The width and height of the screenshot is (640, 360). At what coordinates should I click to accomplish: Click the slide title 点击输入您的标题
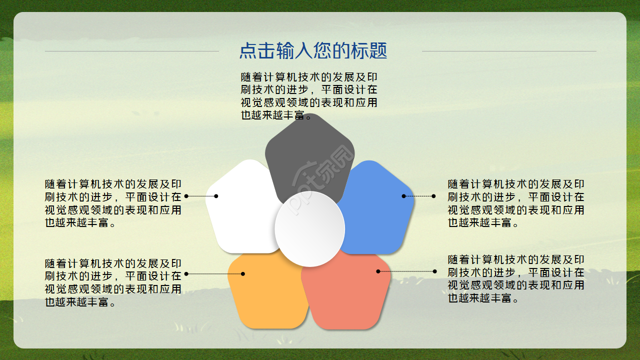(x=313, y=50)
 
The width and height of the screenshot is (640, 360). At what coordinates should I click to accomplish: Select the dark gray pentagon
(x=309, y=150)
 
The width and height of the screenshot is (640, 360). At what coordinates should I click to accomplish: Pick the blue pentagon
(x=380, y=210)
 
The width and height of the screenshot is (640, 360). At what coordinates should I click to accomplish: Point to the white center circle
(x=310, y=228)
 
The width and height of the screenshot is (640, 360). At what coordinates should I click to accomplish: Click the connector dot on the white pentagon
(x=216, y=196)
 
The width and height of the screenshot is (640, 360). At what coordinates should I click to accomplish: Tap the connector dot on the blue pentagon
(x=403, y=196)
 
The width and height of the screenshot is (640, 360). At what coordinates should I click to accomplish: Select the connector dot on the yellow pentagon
(x=243, y=273)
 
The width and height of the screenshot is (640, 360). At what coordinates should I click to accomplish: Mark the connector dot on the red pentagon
(x=378, y=271)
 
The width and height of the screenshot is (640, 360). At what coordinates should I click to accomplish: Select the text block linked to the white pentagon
(x=113, y=203)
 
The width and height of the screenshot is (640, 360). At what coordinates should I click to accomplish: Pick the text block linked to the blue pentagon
(x=516, y=203)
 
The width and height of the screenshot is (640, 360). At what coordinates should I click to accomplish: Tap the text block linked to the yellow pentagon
(x=113, y=282)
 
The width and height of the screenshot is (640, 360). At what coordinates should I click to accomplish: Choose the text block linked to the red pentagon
(x=516, y=279)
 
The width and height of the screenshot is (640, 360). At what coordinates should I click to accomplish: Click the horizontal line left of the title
(x=132, y=51)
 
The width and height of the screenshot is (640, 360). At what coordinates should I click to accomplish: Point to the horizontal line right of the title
(x=509, y=51)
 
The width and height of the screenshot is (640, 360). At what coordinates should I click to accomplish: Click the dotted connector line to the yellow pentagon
(x=215, y=273)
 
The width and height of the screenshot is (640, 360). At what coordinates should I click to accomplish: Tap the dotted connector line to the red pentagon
(x=406, y=271)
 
